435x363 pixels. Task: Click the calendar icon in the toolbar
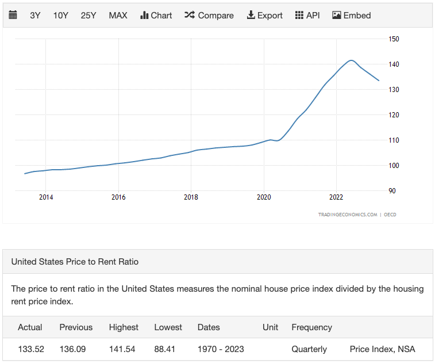(13, 15)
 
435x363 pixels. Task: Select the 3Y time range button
(35, 16)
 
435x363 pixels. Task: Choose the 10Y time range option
(60, 16)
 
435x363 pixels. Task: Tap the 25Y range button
(88, 16)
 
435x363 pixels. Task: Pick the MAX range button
(118, 16)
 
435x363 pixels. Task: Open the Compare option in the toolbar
(209, 16)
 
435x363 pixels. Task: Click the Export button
(265, 16)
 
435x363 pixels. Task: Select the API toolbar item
(307, 16)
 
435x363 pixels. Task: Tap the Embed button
(352, 16)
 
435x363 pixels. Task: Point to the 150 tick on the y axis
(394, 39)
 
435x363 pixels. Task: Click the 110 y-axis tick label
(394, 140)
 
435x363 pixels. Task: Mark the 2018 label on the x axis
(191, 197)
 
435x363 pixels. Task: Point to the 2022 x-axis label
(336, 197)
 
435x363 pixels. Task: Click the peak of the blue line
(351, 60)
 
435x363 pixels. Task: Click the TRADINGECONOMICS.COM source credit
(348, 215)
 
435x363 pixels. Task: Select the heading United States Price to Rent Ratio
(75, 262)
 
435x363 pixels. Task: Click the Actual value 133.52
(31, 349)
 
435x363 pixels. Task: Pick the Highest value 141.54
(122, 349)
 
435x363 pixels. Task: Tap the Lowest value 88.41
(165, 349)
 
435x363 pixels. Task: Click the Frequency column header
(312, 327)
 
